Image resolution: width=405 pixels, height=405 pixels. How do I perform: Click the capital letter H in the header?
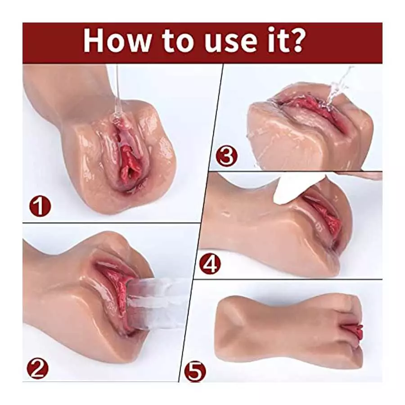(x=94, y=41)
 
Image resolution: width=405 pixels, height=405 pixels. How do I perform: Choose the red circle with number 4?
(x=210, y=265)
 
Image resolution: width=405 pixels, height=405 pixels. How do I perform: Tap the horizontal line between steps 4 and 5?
(x=288, y=279)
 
